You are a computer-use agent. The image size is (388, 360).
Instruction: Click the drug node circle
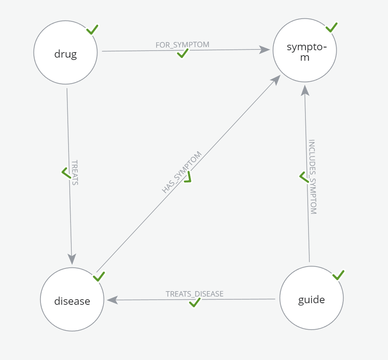point(65,53)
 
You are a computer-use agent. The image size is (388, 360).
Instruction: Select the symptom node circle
point(305,50)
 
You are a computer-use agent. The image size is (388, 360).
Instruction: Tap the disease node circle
point(72,299)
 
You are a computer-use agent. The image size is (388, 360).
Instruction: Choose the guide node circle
point(312,298)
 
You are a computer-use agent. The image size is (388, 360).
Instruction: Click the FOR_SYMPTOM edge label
point(182,45)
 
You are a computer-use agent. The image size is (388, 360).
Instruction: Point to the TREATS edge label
point(75,172)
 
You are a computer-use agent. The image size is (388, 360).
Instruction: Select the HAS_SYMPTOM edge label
point(182,172)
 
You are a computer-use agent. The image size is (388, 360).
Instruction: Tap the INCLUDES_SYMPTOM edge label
point(312,177)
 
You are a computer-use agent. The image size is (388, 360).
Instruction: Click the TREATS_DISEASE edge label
point(194,294)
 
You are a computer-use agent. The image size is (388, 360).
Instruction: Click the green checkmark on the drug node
point(92,30)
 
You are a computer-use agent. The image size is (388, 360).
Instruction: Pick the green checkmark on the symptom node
point(332,27)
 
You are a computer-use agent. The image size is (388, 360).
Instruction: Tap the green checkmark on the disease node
point(99,276)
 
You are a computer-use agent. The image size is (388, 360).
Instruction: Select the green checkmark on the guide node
point(339,275)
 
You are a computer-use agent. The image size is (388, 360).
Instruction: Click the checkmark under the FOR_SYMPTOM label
point(183,53)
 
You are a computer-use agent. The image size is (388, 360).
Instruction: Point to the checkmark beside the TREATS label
point(66,173)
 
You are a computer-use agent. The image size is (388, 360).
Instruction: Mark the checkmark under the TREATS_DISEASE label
point(194,302)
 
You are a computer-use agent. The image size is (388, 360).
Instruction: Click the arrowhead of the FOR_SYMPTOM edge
point(265,50)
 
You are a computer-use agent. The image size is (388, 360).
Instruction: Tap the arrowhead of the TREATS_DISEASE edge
point(113,300)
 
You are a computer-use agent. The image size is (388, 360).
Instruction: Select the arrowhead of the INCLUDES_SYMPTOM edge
point(305,90)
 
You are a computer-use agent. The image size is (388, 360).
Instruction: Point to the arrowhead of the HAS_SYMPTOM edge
point(275,80)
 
